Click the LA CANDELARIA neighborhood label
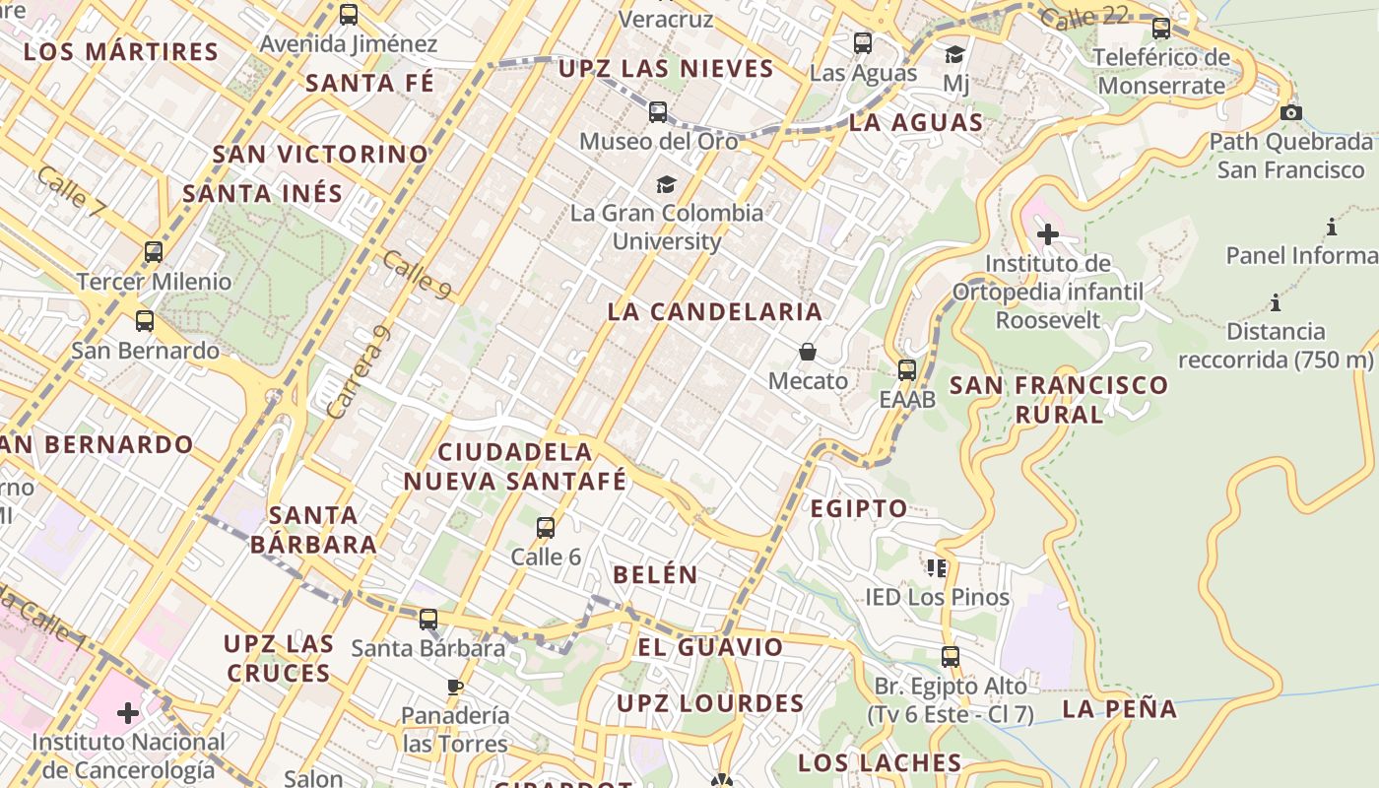(714, 312)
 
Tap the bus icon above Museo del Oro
(658, 112)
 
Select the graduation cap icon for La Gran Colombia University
(667, 184)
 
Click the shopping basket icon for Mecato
(808, 352)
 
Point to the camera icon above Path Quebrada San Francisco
(1291, 112)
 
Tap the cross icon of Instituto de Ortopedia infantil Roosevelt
(1048, 234)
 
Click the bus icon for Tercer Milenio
(154, 251)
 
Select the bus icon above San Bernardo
(145, 321)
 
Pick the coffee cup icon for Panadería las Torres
(454, 686)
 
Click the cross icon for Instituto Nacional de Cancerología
(128, 713)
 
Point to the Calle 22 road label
(1083, 17)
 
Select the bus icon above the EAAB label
(907, 370)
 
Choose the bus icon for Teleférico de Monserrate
(1161, 29)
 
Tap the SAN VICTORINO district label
(321, 155)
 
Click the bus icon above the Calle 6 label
(546, 528)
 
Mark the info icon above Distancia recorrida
(1276, 302)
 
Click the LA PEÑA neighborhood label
(1120, 708)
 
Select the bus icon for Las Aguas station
(863, 43)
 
